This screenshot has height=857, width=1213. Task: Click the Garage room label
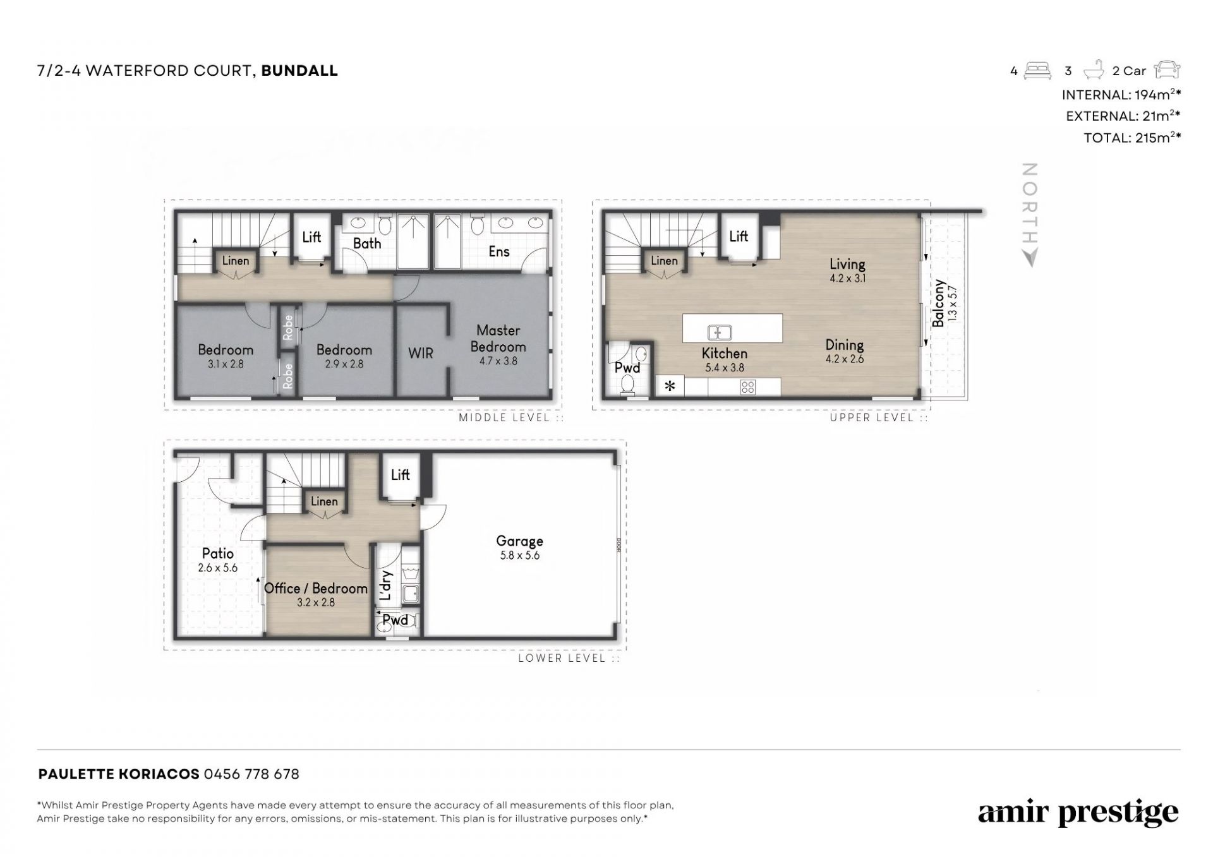(519, 541)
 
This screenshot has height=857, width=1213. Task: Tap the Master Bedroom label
(498, 339)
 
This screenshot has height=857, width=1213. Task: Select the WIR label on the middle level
(421, 353)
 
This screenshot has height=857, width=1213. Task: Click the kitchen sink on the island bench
(720, 332)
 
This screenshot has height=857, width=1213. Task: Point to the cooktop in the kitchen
(747, 387)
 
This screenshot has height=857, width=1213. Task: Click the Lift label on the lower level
(400, 474)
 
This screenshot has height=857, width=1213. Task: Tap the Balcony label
(938, 303)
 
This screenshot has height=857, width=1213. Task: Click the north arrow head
(1030, 258)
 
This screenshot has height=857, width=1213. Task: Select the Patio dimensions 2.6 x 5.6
(218, 568)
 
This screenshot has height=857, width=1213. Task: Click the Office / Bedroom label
(316, 589)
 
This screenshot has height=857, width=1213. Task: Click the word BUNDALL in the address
(299, 71)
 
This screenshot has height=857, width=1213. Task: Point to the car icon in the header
(1167, 70)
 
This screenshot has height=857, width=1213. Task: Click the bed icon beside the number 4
(1037, 70)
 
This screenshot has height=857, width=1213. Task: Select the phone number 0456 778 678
(251, 774)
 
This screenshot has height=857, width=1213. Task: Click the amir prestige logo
(1078, 813)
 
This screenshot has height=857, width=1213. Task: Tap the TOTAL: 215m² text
(1132, 138)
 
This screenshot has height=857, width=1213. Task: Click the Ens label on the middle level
(499, 251)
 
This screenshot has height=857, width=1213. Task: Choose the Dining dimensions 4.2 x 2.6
(845, 359)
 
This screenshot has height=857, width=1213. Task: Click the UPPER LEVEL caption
(872, 417)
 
